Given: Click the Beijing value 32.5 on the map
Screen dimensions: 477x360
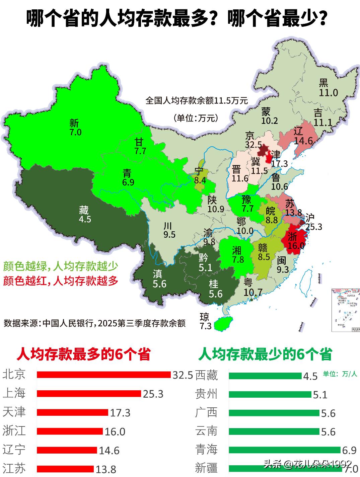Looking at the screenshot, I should (x=253, y=145).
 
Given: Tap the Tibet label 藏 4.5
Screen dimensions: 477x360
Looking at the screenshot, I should (x=85, y=215).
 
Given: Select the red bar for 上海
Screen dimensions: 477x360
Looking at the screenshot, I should (x=89, y=393).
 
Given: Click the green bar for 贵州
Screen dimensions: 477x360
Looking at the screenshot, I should (x=270, y=395).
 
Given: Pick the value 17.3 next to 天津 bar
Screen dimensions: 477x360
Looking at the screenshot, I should (x=120, y=413).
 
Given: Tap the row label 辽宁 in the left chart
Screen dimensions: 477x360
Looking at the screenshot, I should (x=14, y=450).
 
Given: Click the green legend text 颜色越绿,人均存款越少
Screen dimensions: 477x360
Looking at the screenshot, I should (x=61, y=266).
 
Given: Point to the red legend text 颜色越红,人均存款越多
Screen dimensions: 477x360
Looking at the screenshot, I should (x=61, y=281).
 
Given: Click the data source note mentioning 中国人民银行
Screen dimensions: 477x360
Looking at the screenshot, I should (x=94, y=323).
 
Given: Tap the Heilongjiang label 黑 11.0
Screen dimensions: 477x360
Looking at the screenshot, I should (x=327, y=88).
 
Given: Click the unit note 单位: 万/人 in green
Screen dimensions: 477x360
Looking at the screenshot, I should (x=340, y=374).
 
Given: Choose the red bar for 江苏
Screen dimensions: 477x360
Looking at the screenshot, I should (x=65, y=469).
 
